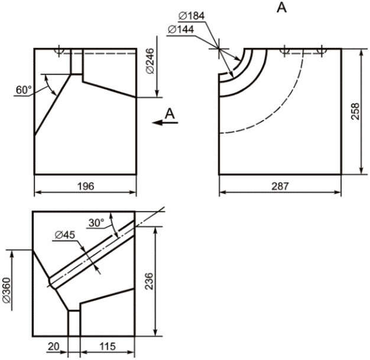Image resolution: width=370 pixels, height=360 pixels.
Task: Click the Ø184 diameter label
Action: (x=192, y=16)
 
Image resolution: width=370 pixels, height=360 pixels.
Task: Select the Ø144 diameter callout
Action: (x=181, y=30)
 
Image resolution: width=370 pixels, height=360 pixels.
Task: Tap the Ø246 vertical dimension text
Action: (x=150, y=61)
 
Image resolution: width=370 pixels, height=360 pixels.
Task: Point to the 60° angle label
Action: (x=24, y=90)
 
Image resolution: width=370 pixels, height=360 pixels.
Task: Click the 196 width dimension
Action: (x=86, y=186)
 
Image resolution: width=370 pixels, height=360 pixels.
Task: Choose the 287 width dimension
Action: (x=280, y=186)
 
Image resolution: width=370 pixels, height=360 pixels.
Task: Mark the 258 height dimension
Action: (x=355, y=111)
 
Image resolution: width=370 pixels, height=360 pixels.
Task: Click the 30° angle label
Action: (x=96, y=223)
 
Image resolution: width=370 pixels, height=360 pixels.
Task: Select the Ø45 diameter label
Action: (x=65, y=235)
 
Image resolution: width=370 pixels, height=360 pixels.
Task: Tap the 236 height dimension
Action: (x=149, y=281)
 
